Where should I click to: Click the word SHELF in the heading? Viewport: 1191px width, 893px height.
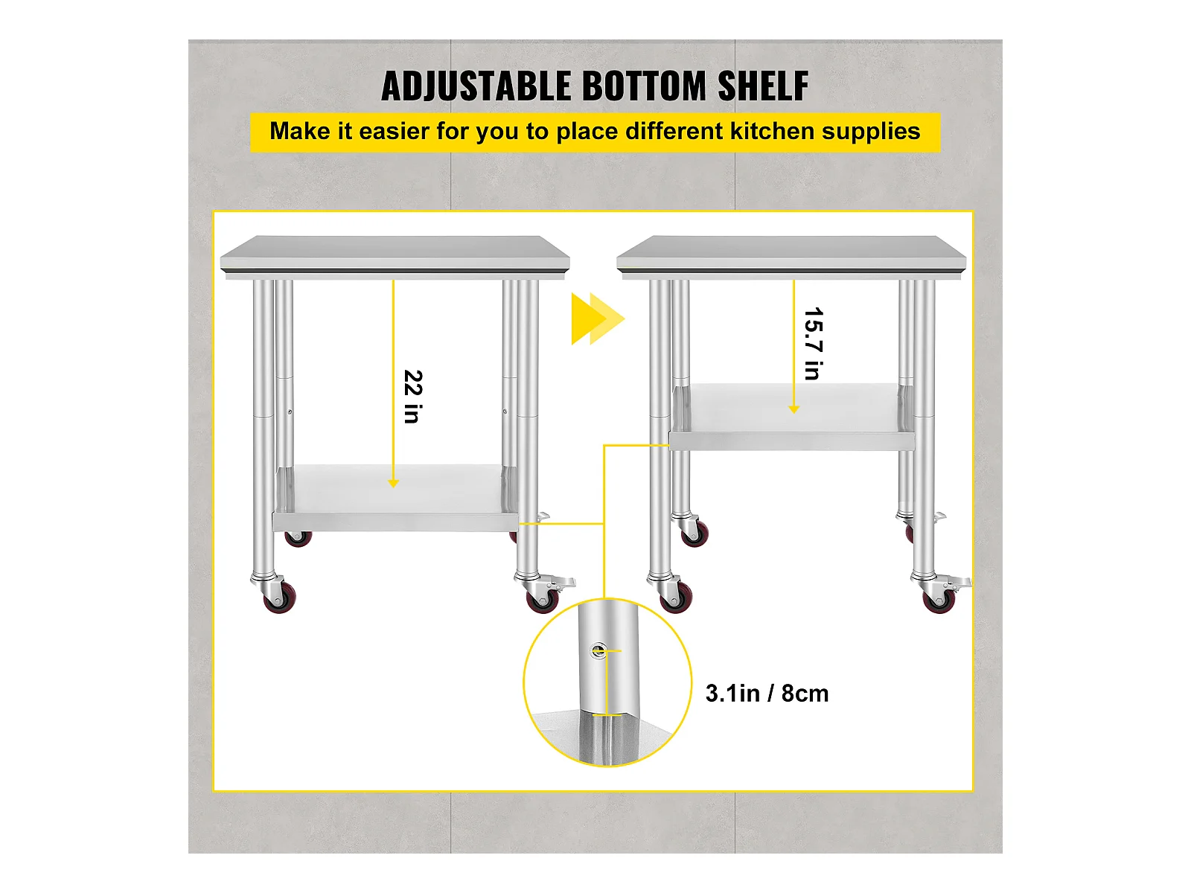pyautogui.click(x=763, y=86)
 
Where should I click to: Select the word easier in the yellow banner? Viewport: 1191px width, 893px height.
pyautogui.click(x=394, y=131)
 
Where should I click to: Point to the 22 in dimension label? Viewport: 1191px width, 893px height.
pyautogui.click(x=413, y=397)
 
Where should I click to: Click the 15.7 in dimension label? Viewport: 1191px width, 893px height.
pyautogui.click(x=814, y=344)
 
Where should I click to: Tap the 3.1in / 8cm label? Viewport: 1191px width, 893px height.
pyautogui.click(x=767, y=694)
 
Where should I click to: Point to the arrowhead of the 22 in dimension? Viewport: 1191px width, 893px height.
pyautogui.click(x=393, y=483)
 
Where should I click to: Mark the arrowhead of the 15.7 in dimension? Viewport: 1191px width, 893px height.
pyautogui.click(x=794, y=409)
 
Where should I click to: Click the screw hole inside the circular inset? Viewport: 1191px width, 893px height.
pyautogui.click(x=598, y=650)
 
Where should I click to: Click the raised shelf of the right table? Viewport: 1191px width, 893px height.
pyautogui.click(x=792, y=417)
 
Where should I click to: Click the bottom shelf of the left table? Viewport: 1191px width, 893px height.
pyautogui.click(x=395, y=498)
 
